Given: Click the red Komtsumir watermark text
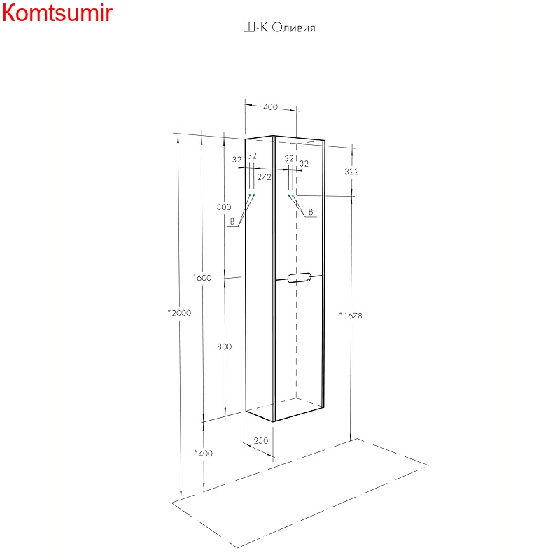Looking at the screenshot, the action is click(57, 13).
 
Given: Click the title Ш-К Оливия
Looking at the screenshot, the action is click(279, 27).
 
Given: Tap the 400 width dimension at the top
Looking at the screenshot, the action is click(270, 107).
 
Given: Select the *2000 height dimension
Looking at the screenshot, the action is click(179, 313).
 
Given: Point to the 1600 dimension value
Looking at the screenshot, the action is click(202, 278).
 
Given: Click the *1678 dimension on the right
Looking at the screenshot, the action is click(351, 316).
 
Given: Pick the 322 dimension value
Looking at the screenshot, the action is click(351, 171).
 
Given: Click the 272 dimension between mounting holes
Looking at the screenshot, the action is click(265, 177).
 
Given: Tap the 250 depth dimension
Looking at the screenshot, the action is click(260, 441).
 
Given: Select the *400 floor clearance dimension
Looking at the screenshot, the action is click(203, 453).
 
